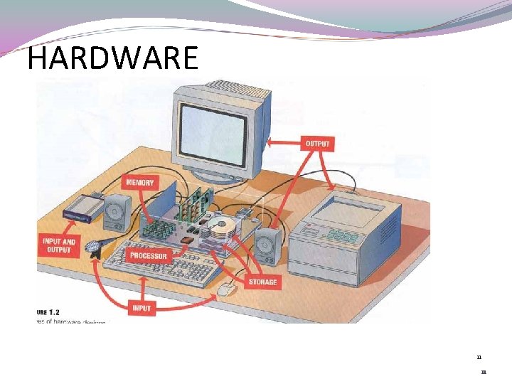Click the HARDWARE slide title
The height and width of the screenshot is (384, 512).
click(x=112, y=58)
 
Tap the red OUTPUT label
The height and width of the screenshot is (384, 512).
click(x=317, y=144)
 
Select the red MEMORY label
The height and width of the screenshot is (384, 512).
click(x=139, y=183)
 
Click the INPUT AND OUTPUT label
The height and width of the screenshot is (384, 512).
click(x=58, y=245)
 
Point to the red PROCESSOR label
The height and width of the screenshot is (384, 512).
click(x=149, y=255)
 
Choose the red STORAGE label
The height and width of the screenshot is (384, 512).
click(x=263, y=282)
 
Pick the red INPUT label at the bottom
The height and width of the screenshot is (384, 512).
click(x=141, y=308)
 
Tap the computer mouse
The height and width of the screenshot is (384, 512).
click(x=226, y=289)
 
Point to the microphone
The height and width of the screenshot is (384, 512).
click(x=92, y=247)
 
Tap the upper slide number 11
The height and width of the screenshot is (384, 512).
click(x=479, y=357)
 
